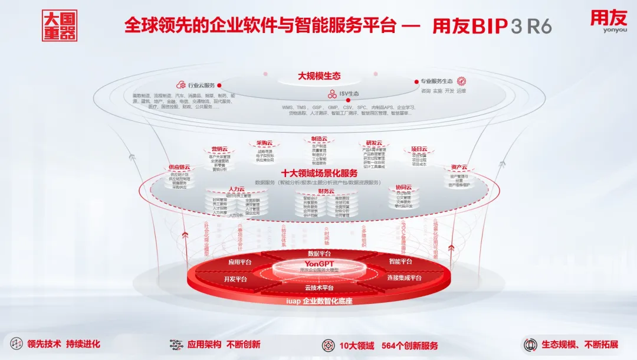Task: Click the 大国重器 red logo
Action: point(60,25)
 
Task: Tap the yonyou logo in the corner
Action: point(608,22)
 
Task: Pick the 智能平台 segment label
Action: point(400,261)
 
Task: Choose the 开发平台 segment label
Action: point(235,279)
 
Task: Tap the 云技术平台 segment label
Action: point(319,287)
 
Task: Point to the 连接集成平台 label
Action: point(404,278)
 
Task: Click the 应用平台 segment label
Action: point(240,261)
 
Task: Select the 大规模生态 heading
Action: point(319,76)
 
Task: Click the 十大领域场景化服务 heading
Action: point(319,173)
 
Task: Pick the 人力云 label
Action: point(236,189)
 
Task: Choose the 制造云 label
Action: point(319,139)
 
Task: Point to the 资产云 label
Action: point(459,167)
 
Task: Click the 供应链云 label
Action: point(180,167)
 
